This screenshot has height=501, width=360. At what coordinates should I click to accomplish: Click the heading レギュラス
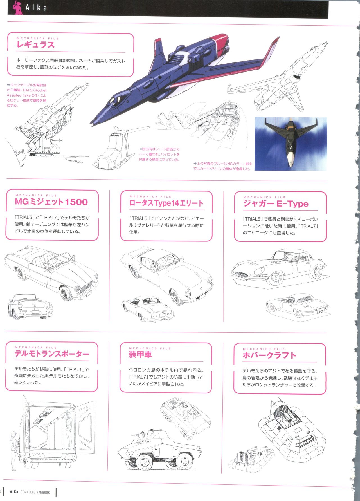coord(35,44)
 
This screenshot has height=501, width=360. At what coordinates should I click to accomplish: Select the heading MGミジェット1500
coord(51,202)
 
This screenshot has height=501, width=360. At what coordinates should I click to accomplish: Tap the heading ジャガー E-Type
coord(276,203)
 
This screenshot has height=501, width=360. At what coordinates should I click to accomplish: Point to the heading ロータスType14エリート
coord(166,203)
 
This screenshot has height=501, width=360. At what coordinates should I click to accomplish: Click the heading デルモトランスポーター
coord(52,354)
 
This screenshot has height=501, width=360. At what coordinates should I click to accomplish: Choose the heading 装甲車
coord(140,354)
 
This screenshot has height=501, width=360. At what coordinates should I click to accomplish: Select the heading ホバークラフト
coord(269,355)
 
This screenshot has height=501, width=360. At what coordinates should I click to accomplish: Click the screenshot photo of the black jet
coord(291,144)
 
